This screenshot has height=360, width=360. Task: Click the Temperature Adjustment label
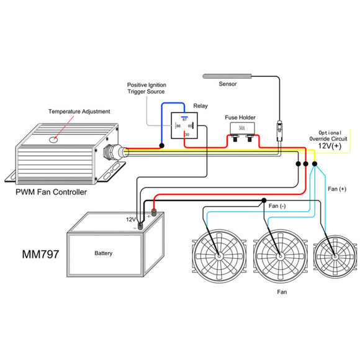coord(79,112)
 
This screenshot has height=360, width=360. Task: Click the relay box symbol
coord(186,129)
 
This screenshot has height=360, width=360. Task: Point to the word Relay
coord(201,106)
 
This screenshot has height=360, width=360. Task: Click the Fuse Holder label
coord(240,117)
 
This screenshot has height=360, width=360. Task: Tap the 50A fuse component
coord(240,130)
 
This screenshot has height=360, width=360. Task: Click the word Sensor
coord(228,84)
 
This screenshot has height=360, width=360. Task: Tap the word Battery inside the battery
coord(103,254)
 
